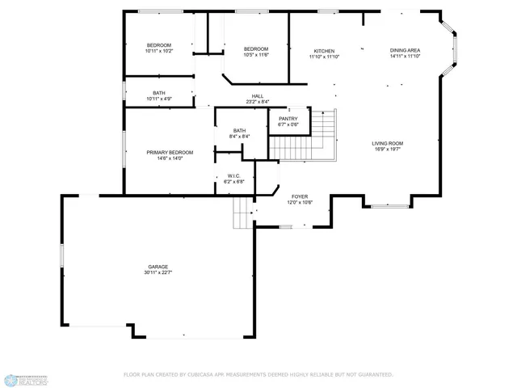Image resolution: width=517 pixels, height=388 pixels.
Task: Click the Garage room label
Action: click(x=158, y=266)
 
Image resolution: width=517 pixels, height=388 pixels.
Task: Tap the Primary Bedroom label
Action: click(x=170, y=152)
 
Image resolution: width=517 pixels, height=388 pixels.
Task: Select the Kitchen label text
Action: click(x=324, y=51)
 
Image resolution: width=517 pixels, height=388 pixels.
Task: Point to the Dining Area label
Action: click(x=405, y=50)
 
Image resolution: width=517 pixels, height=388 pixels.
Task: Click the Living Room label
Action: click(x=387, y=143)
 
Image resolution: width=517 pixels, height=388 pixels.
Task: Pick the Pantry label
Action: click(x=288, y=119)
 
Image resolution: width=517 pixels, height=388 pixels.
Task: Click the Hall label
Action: click(x=258, y=96)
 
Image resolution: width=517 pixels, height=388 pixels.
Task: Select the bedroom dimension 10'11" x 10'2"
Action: click(x=158, y=51)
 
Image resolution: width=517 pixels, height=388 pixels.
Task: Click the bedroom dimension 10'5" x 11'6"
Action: click(x=256, y=55)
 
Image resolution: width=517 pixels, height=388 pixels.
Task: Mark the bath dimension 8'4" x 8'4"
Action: click(x=239, y=137)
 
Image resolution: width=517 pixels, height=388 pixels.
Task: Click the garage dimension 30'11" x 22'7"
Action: click(x=158, y=272)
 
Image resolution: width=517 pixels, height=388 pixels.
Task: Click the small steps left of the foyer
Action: click(x=243, y=214)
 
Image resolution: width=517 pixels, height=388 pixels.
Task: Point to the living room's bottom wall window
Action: click(x=389, y=206)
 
